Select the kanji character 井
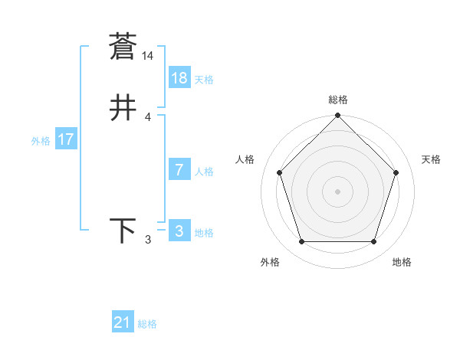pyautogui.click(x=123, y=109)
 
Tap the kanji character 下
pyautogui.click(x=123, y=231)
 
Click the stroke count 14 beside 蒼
pyautogui.click(x=147, y=56)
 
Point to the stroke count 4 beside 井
pyautogui.click(x=148, y=117)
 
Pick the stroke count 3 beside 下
pyautogui.click(x=148, y=241)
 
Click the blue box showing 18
pyautogui.click(x=179, y=78)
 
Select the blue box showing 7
pyautogui.click(x=179, y=170)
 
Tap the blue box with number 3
pyautogui.click(x=179, y=231)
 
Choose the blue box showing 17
pyautogui.click(x=66, y=140)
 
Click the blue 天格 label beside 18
pyautogui.click(x=204, y=80)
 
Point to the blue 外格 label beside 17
pyautogui.click(x=41, y=141)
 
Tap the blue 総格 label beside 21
pyautogui.click(x=147, y=325)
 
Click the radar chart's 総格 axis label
pyautogui.click(x=338, y=100)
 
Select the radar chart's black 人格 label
pyautogui.click(x=245, y=159)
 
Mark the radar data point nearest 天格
pyautogui.click(x=396, y=172)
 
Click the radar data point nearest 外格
pyautogui.click(x=301, y=242)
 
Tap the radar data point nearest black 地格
pyautogui.click(x=374, y=242)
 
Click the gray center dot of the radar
pyautogui.click(x=337, y=191)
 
